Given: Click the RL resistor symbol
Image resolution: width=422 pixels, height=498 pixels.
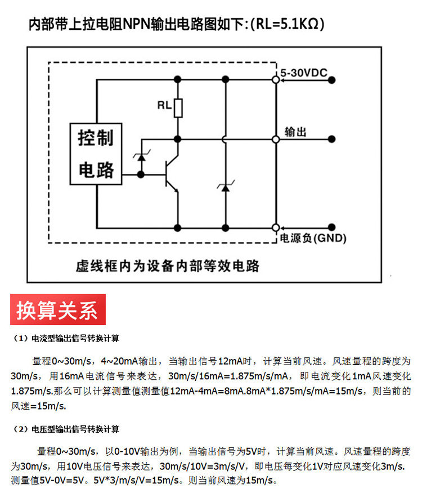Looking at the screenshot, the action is tap(178, 108).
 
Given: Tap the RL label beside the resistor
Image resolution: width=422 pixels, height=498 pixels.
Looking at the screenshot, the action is tap(164, 105).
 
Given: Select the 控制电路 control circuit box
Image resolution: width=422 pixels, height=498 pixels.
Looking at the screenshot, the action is tap(96, 154).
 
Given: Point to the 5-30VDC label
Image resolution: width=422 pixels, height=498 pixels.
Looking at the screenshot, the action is tap(304, 73).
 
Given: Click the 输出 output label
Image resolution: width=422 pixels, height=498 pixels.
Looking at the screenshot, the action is tap(295, 132).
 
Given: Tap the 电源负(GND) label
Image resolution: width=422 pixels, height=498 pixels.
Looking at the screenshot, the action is tap(313, 238).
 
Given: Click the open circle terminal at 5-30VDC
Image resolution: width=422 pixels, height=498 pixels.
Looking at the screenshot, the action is tap(276, 80).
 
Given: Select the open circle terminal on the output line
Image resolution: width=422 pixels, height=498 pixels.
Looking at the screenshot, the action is tap(276, 139).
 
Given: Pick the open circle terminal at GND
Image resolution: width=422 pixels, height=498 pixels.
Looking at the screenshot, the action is tap(276, 228).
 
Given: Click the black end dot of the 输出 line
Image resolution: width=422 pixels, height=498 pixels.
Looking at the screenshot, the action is tap(331, 139).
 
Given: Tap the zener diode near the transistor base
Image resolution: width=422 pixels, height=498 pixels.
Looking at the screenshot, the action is tap(141, 156).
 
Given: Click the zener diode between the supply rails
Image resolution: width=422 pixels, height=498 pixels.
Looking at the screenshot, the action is tap(226, 187).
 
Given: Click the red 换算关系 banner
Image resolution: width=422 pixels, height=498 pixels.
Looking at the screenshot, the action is tap(58, 309).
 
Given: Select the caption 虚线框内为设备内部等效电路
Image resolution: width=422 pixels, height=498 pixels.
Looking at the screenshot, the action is tap(167, 266).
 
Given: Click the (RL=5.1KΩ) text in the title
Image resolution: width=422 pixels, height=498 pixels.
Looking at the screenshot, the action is tap(287, 24).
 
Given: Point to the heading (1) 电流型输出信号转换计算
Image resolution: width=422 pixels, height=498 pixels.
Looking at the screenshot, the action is tap(65, 338).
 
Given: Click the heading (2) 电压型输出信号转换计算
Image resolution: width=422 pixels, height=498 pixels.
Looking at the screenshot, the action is tap(65, 429).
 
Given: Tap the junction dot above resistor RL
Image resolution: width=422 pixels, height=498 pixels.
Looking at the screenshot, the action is tap(178, 79).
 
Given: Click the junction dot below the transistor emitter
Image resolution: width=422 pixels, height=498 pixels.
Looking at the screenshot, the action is tap(178, 228).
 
